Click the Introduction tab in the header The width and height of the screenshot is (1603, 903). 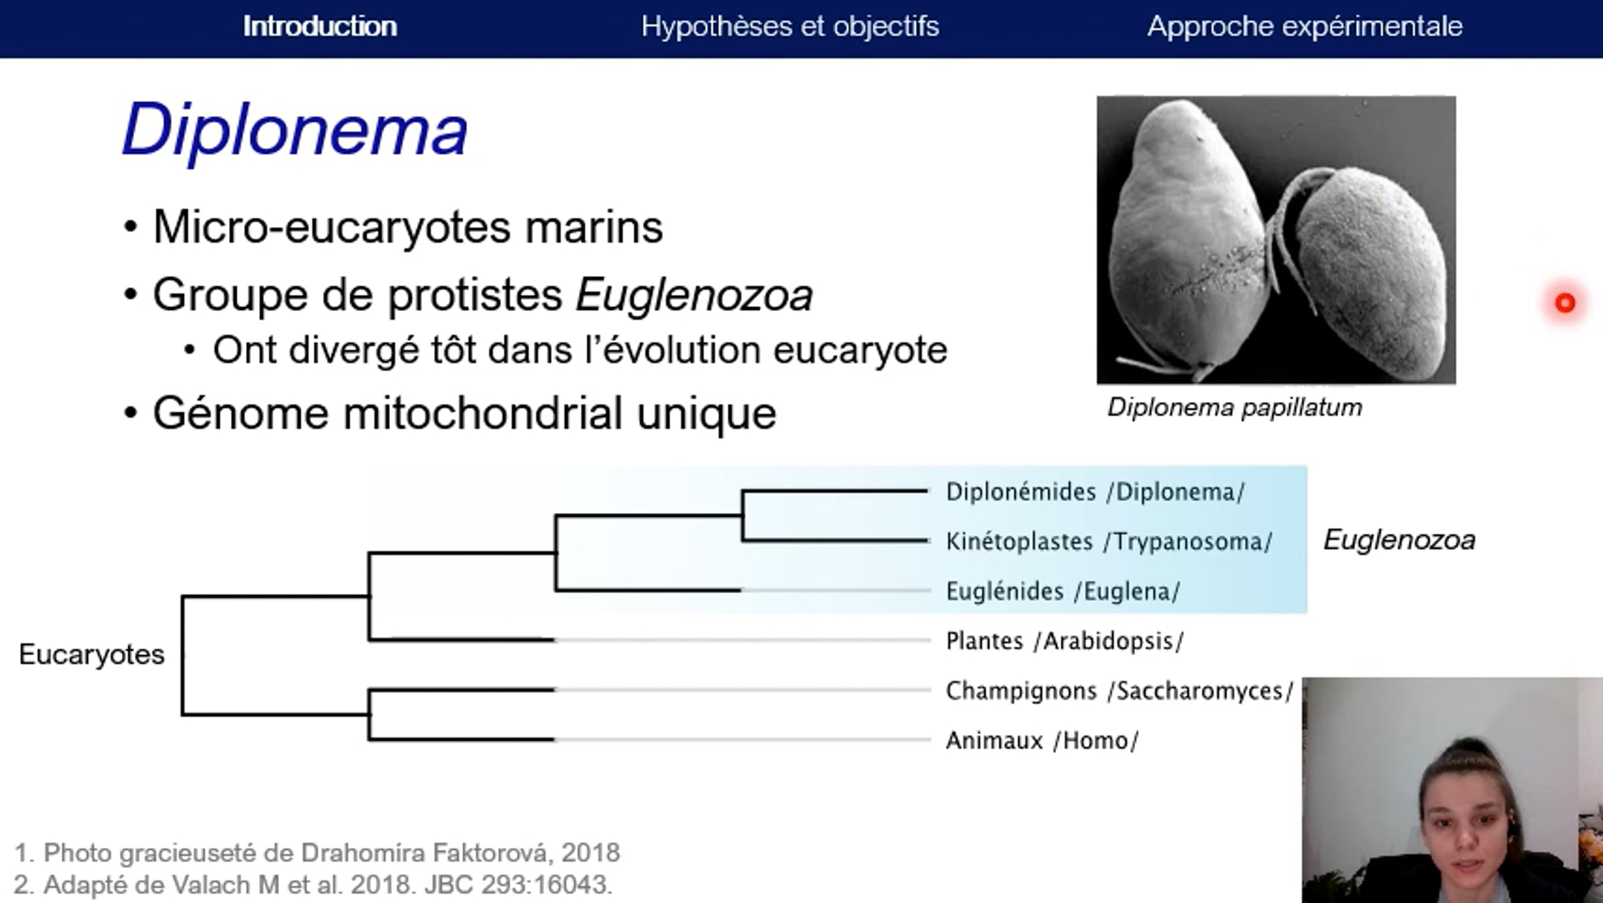coord(320,27)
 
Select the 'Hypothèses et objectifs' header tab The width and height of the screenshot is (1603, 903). coord(790,27)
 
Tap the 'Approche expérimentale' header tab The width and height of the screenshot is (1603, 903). coord(1305,27)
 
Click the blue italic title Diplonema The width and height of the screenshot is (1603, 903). coord(295,130)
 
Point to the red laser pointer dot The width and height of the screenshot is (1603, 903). coord(1565,303)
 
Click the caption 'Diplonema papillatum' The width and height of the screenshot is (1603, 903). coord(1234,407)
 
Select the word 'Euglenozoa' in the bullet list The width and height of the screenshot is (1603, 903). coord(694,295)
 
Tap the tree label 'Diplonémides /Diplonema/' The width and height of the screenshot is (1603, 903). coord(1095,492)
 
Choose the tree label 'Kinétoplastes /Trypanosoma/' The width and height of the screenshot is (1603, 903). coord(1109,542)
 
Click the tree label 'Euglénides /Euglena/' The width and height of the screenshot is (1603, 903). coord(1063,591)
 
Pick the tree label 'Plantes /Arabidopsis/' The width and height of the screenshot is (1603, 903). coord(1065,641)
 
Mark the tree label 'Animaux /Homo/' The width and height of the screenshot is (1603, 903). coord(1042,741)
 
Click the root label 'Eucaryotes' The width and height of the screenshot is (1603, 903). coord(92,655)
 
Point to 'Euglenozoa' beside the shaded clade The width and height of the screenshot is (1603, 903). coord(1399,540)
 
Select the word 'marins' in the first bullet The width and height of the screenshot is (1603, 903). coord(594,228)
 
